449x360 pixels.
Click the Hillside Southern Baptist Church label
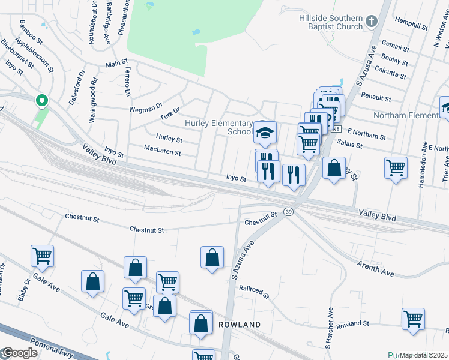tap(331, 22)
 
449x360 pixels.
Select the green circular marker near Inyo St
tap(41, 100)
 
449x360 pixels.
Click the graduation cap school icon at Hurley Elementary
tap(265, 133)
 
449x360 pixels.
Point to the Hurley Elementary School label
tap(219, 127)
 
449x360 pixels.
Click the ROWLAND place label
tap(240, 325)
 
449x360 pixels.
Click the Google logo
tap(19, 353)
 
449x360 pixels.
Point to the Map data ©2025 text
tap(424, 355)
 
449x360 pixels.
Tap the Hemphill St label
tap(411, 24)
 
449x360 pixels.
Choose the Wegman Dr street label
tap(146, 109)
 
